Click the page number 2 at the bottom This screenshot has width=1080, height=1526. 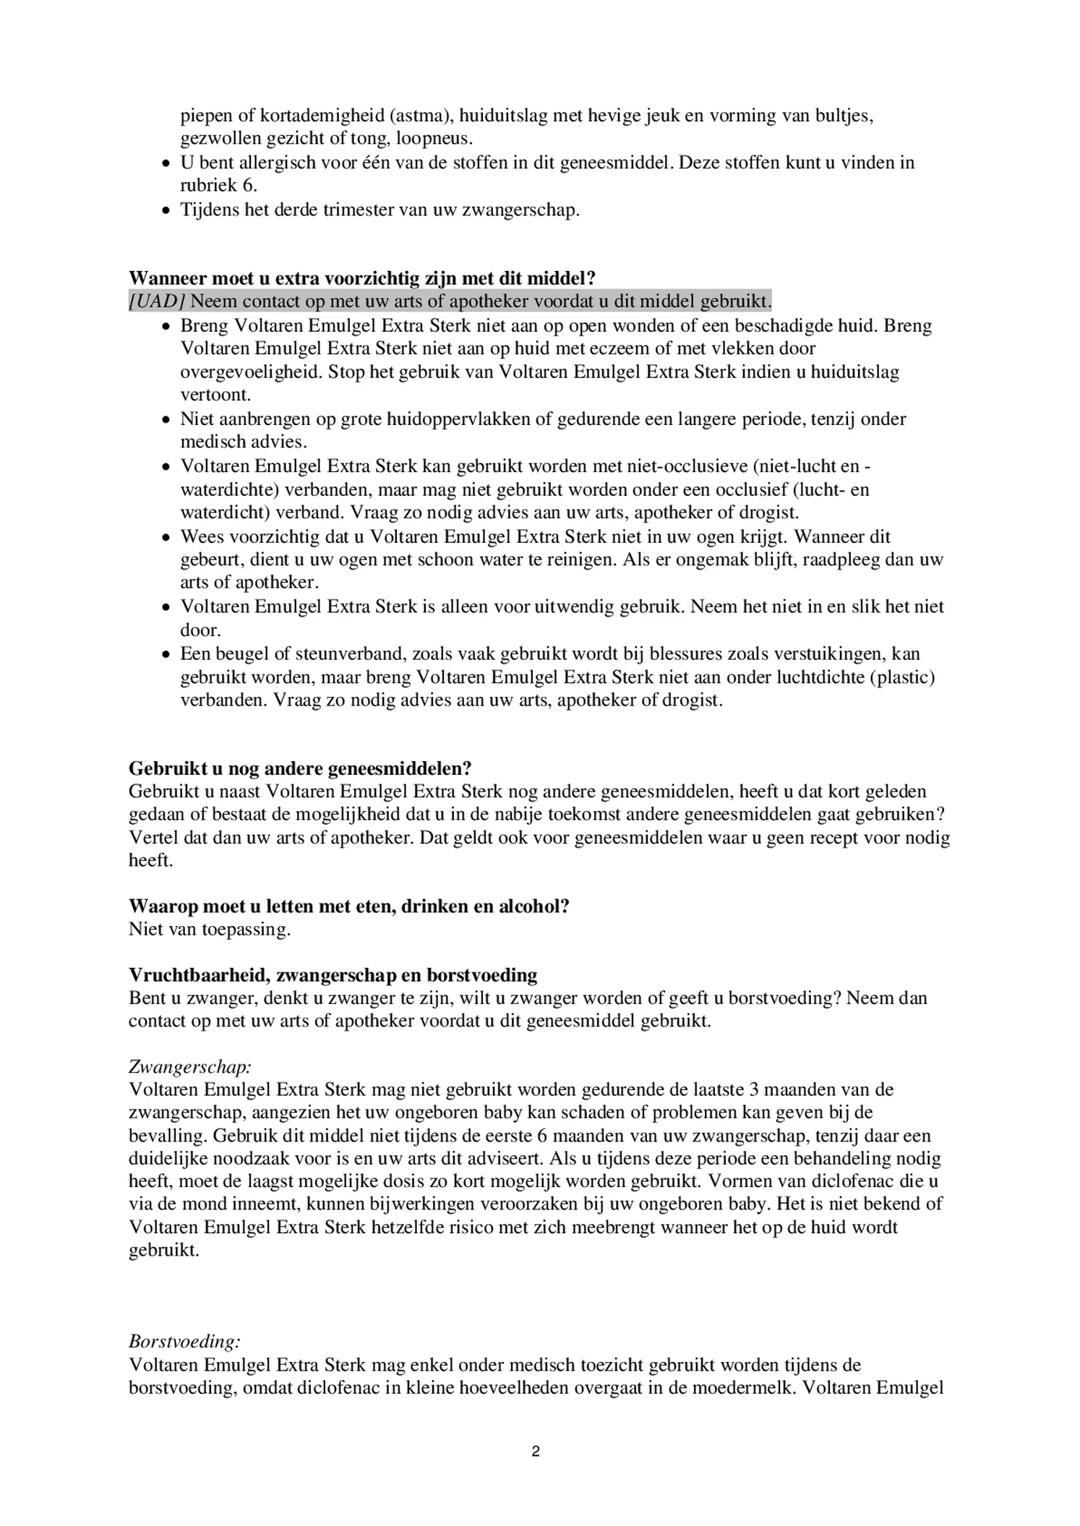[536, 1451]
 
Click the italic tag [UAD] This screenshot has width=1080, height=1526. [157, 301]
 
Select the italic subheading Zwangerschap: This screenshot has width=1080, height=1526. [190, 1066]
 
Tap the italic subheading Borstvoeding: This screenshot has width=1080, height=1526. [184, 1342]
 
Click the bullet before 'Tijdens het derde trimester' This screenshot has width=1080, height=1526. [166, 210]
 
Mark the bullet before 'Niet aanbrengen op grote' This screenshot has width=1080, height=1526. [166, 419]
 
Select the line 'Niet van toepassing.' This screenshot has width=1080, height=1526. [210, 929]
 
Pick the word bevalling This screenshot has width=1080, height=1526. [167, 1136]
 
